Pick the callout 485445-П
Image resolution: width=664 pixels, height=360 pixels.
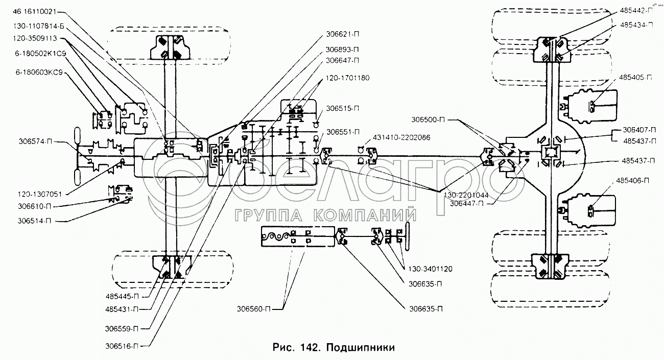[122, 296]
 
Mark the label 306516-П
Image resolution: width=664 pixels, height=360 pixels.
[122, 346]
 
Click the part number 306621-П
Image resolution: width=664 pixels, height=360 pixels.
[341, 37]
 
